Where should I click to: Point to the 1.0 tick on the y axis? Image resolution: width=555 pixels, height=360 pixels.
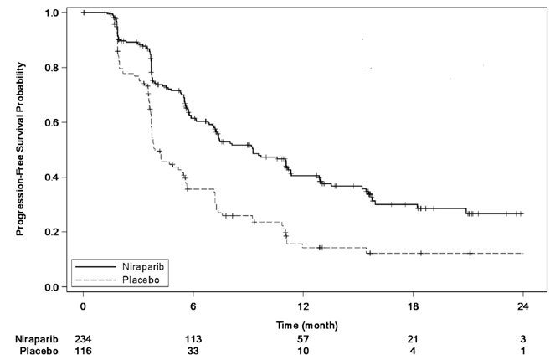[x=51, y=13]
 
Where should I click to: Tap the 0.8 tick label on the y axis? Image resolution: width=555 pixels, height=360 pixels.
[x=51, y=68]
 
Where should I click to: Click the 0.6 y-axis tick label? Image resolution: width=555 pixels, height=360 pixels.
[x=51, y=123]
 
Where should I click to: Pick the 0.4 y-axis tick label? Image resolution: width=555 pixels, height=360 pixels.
[x=51, y=177]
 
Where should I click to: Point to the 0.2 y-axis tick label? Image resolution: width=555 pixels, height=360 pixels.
[x=51, y=232]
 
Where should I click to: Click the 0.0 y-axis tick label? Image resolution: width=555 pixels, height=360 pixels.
[x=51, y=287]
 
